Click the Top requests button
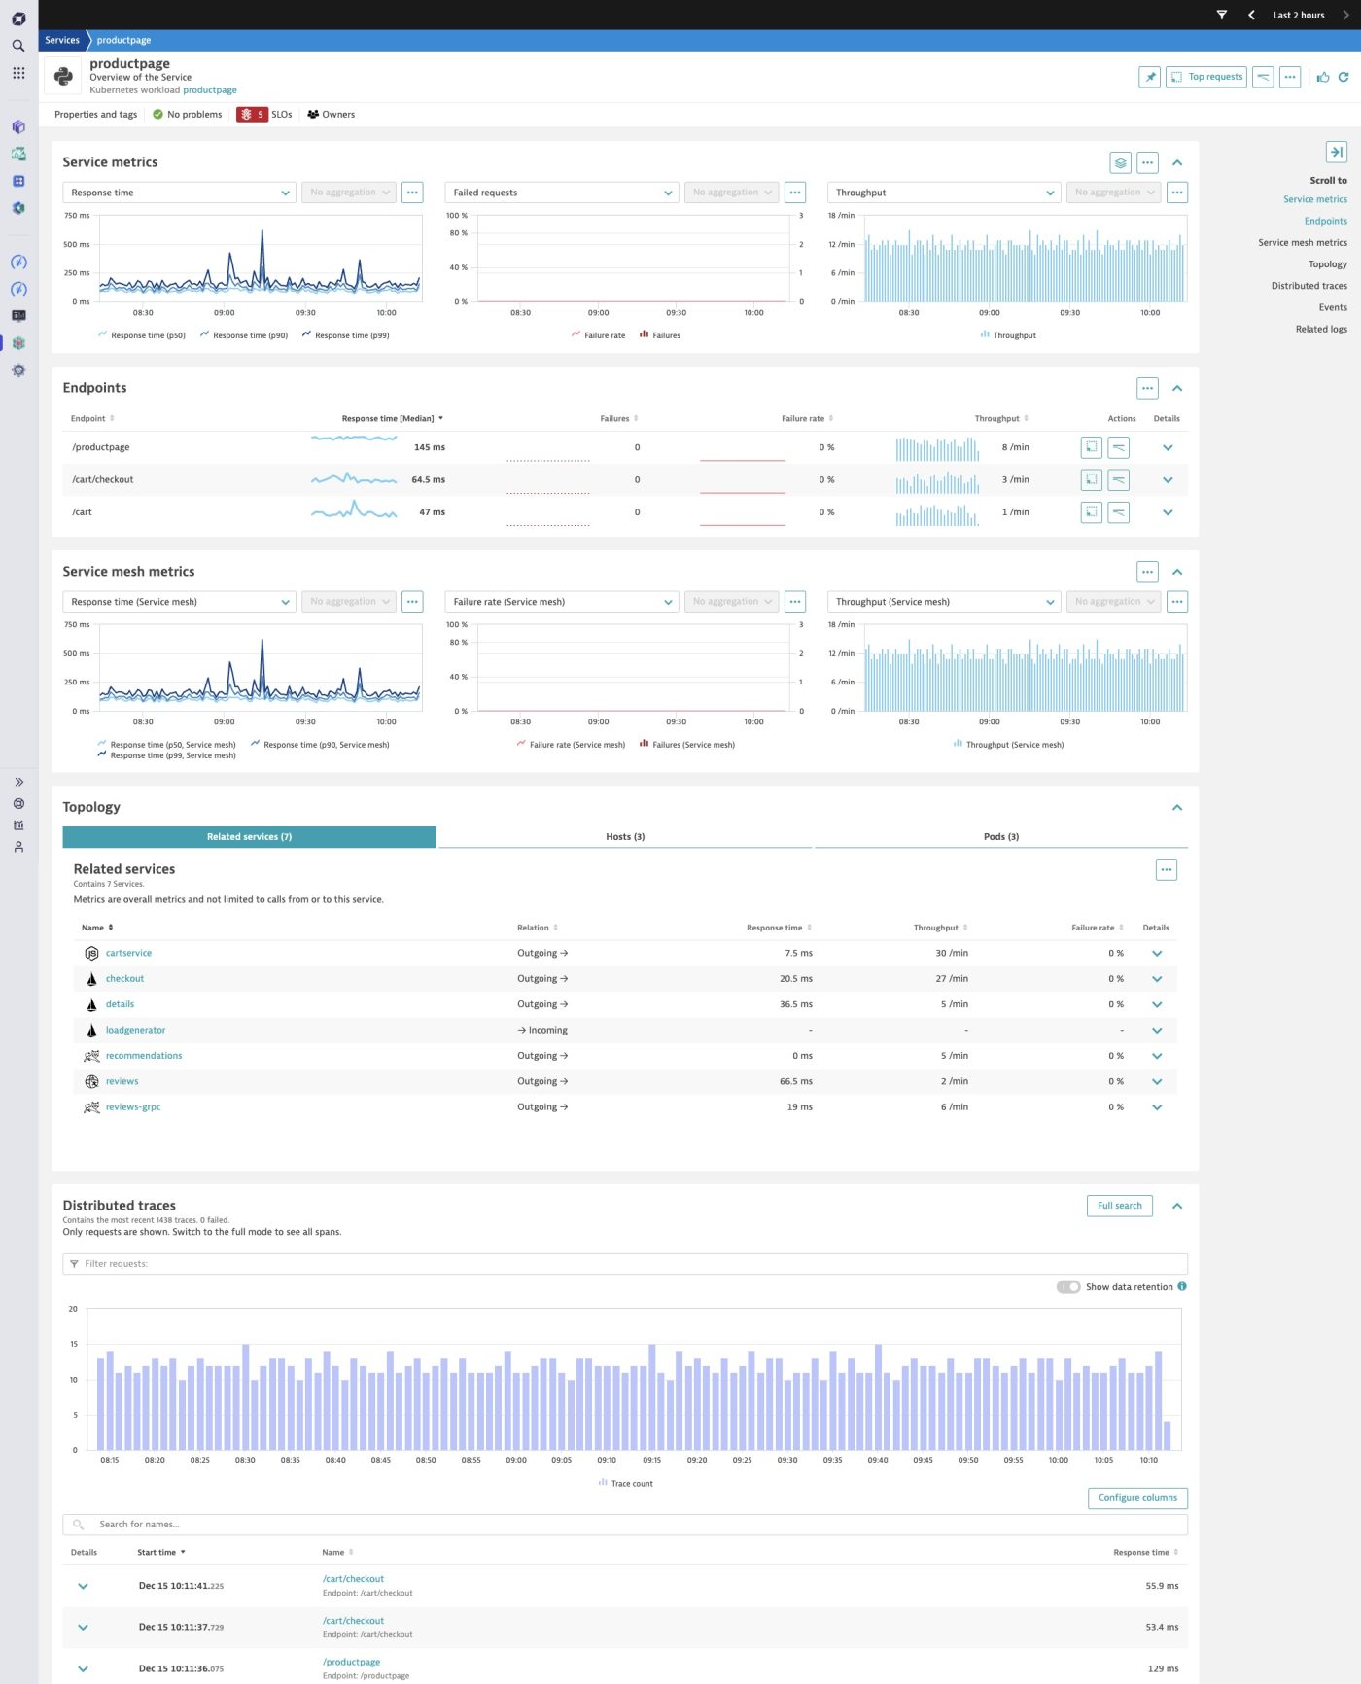pos(1206,77)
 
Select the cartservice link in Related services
pos(128,953)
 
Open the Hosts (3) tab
pos(625,836)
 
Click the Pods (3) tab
pos(1000,836)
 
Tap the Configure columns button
pos(1137,1497)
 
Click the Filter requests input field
pos(622,1264)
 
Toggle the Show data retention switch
pos(1068,1287)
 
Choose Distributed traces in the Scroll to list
pos(1309,286)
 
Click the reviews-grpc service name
pos(133,1106)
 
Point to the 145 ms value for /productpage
pos(429,447)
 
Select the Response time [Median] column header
pos(388,419)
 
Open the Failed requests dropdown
pos(561,193)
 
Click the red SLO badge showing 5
pos(252,115)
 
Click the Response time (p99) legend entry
pos(351,335)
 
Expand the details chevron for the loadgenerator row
pos(1157,1031)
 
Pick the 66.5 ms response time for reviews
pos(795,1081)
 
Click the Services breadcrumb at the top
pos(62,40)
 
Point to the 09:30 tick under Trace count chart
pos(787,1460)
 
